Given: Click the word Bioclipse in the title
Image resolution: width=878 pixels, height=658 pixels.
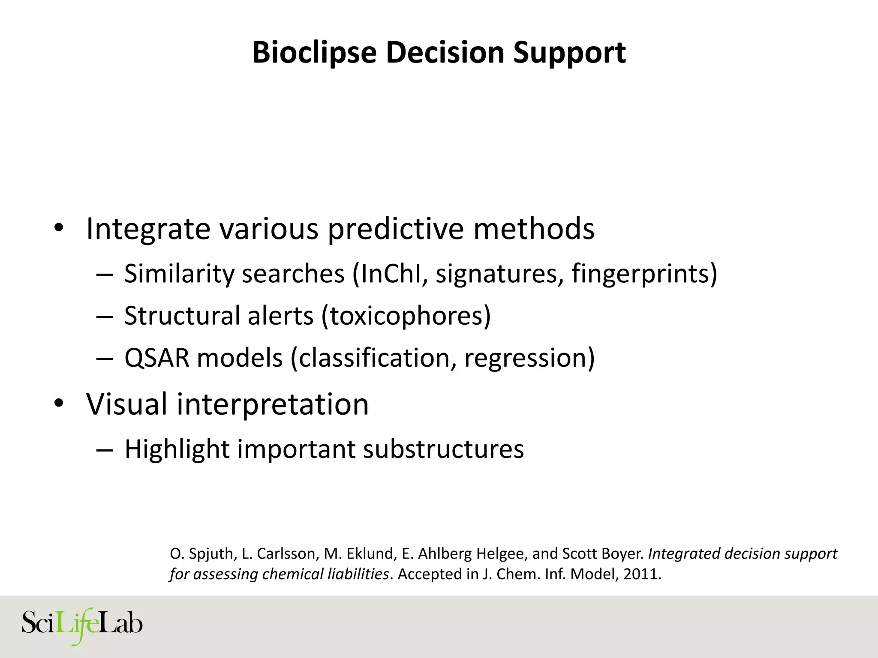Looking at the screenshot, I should coord(314,53).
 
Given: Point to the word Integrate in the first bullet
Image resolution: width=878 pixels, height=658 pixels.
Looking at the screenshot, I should coord(148,229).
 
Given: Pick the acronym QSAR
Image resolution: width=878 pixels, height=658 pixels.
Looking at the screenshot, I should coord(156,358).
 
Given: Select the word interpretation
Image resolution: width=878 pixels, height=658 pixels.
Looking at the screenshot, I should coord(272,405).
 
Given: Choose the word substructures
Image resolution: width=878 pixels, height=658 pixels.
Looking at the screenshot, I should coord(443,449).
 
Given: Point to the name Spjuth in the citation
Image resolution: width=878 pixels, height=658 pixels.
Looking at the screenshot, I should coord(212,554).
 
